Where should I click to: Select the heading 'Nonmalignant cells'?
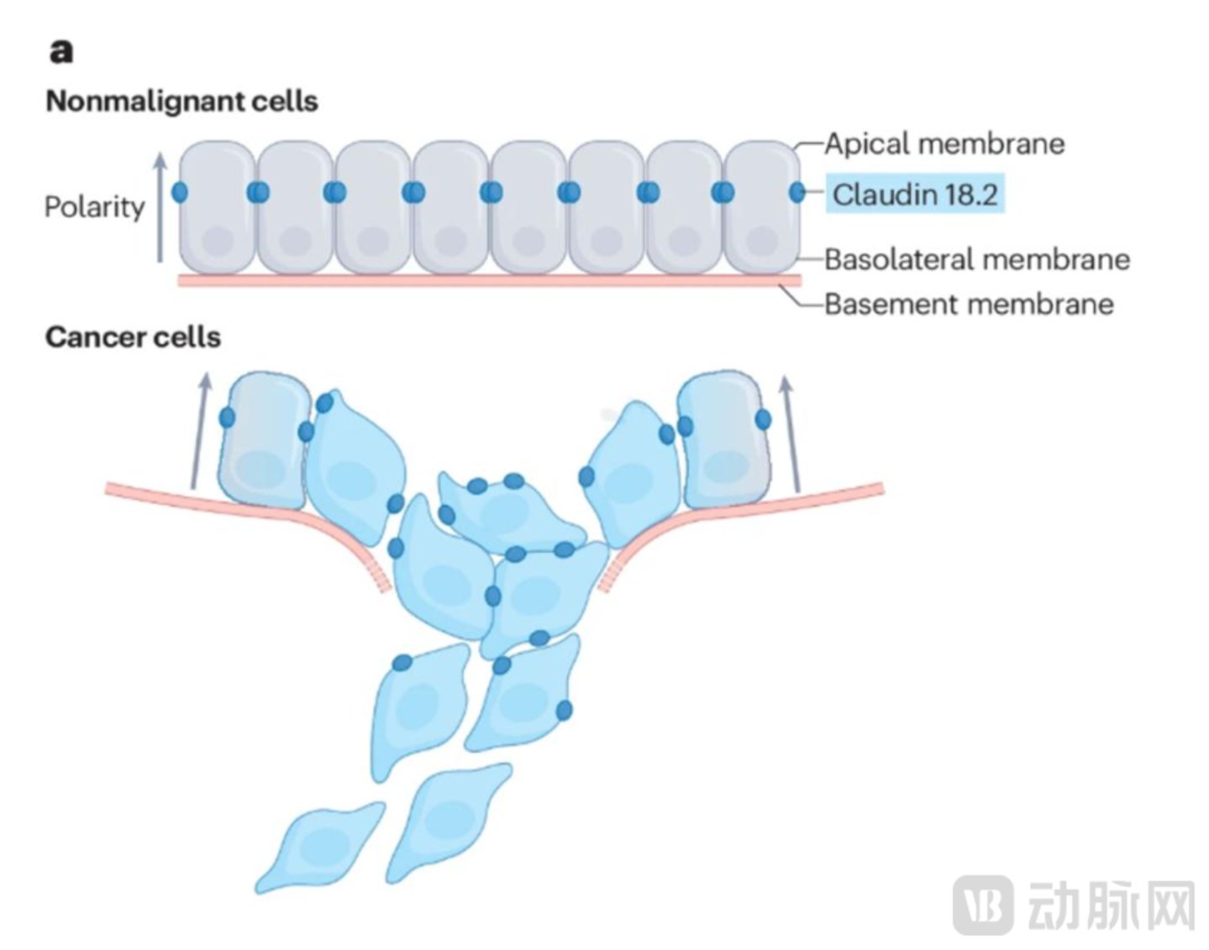[x=181, y=101]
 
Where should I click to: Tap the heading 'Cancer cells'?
[x=133, y=337]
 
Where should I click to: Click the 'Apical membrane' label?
[x=944, y=144]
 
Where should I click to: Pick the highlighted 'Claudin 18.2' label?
[x=915, y=194]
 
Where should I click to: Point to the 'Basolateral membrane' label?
[x=977, y=259]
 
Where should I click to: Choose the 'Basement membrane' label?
[x=969, y=303]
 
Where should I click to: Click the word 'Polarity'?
[x=94, y=207]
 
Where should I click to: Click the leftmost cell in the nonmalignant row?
[x=218, y=207]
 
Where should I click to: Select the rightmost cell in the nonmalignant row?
[x=761, y=207]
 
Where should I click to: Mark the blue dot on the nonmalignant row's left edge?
[x=179, y=192]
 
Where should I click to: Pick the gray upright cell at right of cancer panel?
[x=724, y=441]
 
